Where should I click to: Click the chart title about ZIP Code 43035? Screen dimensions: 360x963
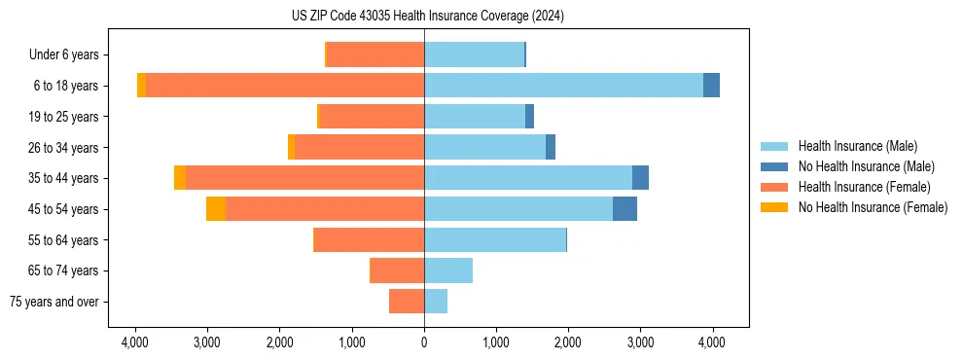427,17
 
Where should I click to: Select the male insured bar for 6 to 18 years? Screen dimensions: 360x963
563,86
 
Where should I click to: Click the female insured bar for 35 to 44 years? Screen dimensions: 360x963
304,178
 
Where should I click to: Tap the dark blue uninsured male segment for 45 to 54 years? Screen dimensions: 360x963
624,209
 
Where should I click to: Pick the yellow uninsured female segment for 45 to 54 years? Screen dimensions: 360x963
215,209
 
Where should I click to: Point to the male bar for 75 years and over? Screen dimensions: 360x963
436,302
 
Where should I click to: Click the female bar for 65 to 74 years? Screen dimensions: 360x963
398,270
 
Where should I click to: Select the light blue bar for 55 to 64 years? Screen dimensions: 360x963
494,240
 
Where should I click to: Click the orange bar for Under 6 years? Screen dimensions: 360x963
375,54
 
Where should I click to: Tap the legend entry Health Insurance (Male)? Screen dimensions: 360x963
857,146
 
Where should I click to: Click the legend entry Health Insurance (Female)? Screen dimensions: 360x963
863,187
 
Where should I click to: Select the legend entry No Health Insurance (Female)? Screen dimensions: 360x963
872,207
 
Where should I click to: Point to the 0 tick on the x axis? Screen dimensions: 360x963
424,342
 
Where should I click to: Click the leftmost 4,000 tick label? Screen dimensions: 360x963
135,342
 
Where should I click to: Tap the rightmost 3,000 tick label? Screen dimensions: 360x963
640,342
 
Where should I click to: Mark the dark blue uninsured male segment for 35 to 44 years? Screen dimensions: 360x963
640,178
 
